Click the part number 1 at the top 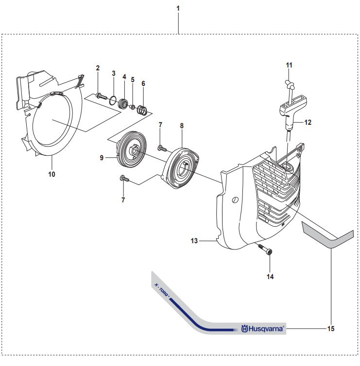pos(178,9)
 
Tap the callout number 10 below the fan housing pos(51,174)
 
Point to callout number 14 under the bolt pos(270,277)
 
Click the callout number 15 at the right pos(331,329)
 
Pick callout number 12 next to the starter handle pos(308,123)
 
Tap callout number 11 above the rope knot pos(289,65)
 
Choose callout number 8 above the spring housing pos(182,126)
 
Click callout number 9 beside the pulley pos(102,157)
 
